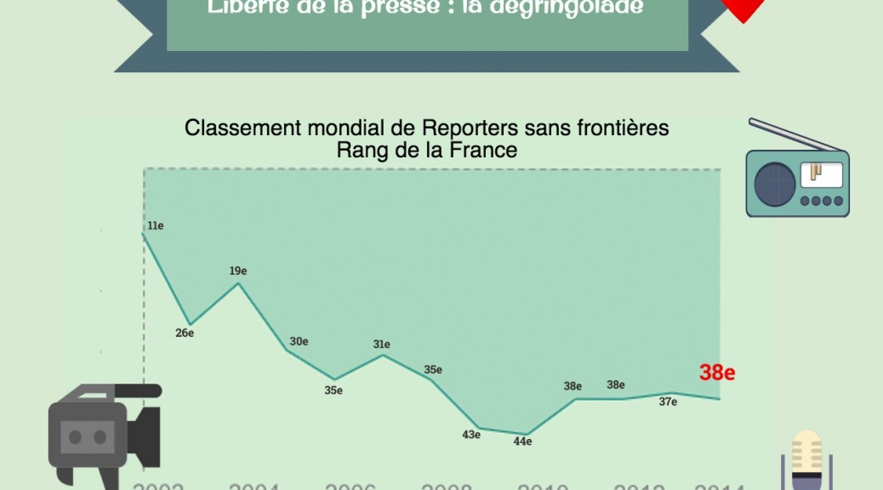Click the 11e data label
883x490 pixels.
click(155, 225)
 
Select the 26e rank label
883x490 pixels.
click(185, 333)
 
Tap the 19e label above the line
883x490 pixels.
click(238, 271)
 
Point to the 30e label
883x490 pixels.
click(299, 341)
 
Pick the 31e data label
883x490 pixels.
click(381, 345)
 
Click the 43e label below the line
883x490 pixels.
click(471, 435)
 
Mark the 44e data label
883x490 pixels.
click(522, 441)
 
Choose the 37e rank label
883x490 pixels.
click(668, 402)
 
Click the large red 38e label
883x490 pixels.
click(717, 372)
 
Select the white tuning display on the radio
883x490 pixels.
click(821, 174)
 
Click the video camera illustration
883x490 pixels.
click(102, 430)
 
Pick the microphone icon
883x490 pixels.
click(806, 459)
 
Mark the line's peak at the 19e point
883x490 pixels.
click(238, 283)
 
